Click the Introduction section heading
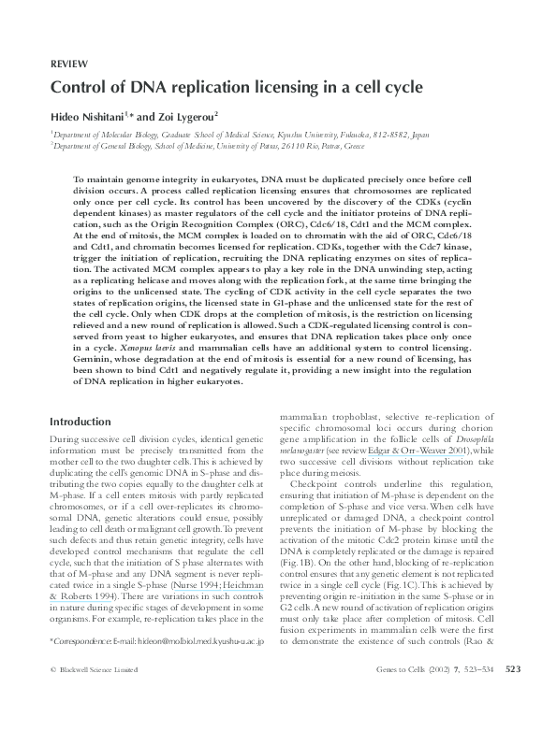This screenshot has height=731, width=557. (84, 421)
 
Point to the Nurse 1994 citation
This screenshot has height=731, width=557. (210, 581)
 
